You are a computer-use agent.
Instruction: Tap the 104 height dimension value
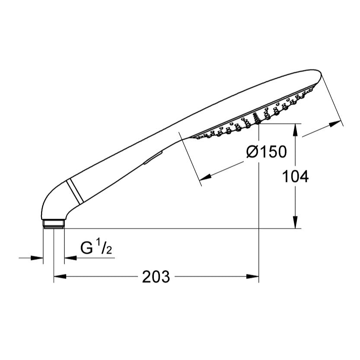point(295,176)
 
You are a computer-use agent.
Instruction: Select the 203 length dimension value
point(156,277)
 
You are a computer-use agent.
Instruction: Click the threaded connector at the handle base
point(54,223)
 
